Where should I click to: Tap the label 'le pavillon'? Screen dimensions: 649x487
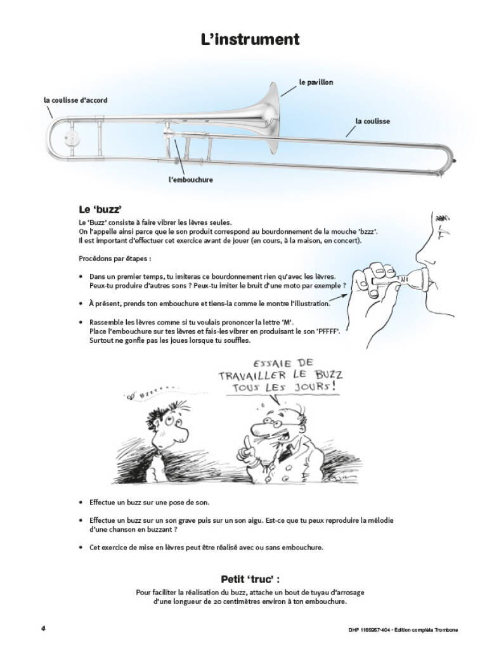point(316,82)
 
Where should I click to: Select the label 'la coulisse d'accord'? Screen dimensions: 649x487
point(75,100)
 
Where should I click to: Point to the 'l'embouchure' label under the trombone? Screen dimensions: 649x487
point(191,180)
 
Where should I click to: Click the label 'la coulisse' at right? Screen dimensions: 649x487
point(372,121)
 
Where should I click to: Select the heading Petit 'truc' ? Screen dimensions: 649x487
point(250,579)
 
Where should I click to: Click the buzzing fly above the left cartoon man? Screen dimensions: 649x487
point(132,397)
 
